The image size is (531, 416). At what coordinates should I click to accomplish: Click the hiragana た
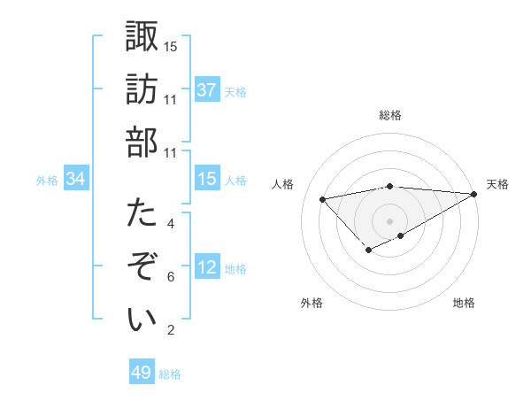click(142, 213)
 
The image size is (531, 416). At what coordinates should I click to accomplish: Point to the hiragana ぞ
click(142, 266)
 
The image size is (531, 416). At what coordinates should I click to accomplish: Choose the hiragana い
click(142, 320)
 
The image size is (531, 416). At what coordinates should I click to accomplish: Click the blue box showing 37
click(206, 89)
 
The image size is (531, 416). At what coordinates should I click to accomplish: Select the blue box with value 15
click(206, 179)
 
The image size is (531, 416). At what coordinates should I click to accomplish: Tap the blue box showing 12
click(206, 267)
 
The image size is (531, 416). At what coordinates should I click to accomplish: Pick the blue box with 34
click(76, 179)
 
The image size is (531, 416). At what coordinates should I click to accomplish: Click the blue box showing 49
click(141, 373)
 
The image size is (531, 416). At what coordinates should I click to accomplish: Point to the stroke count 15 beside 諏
click(171, 46)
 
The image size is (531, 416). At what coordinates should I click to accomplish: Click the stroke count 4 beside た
click(171, 224)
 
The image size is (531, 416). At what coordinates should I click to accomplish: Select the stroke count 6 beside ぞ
click(171, 277)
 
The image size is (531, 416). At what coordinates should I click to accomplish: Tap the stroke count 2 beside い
click(171, 331)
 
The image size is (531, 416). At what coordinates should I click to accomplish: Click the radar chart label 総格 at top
click(390, 115)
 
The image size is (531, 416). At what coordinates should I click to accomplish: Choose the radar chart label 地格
click(464, 303)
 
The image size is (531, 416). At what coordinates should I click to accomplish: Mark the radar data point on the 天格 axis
click(474, 194)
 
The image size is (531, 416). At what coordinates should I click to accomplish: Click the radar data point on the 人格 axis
click(322, 198)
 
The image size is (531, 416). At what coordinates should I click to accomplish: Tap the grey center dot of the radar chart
click(390, 220)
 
